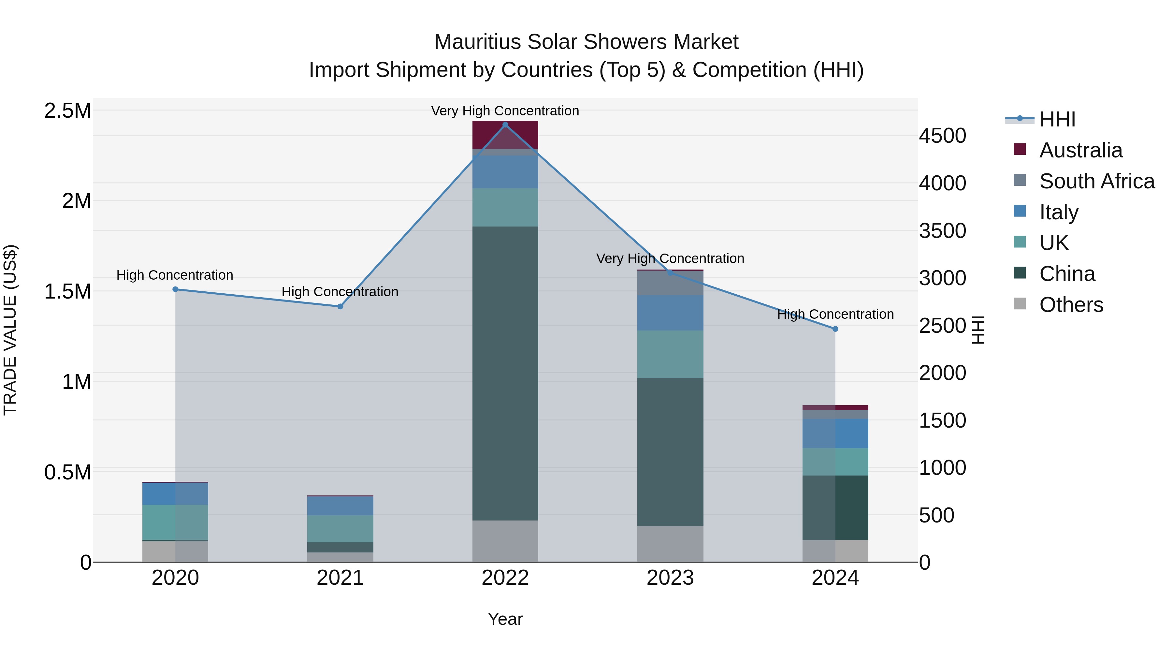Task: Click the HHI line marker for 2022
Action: [505, 125]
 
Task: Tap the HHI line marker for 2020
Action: [175, 289]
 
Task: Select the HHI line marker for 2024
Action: [835, 329]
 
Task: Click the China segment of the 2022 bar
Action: [505, 374]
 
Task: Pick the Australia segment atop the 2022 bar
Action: [505, 135]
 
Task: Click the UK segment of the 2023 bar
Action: [670, 354]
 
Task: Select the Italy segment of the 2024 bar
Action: [835, 433]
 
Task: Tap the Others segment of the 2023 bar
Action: [670, 544]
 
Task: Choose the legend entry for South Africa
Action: [1097, 181]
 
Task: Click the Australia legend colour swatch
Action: [1020, 149]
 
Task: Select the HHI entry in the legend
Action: [1057, 119]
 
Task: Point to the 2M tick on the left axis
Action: [77, 201]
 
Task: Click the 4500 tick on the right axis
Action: [942, 136]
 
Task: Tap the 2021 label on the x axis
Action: [340, 578]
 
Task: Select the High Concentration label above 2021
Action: [340, 291]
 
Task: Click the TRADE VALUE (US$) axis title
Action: [10, 330]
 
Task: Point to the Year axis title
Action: [505, 619]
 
